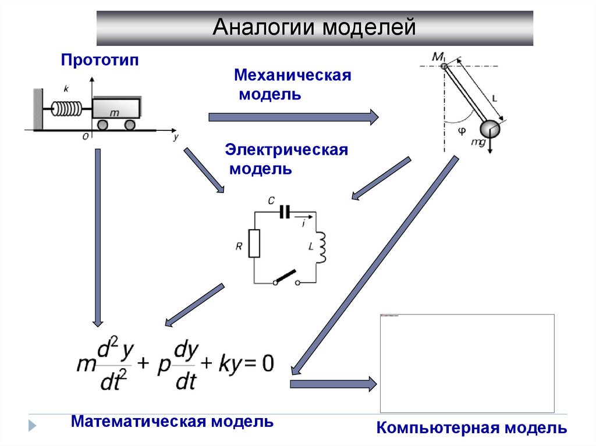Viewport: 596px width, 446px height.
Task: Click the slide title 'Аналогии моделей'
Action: pyautogui.click(x=314, y=27)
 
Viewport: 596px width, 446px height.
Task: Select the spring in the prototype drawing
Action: pyautogui.click(x=68, y=108)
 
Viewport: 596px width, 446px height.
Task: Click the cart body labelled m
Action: pyautogui.click(x=115, y=109)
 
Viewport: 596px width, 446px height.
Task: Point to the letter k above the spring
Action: pyautogui.click(x=66, y=89)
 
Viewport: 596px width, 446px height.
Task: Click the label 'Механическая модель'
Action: pyautogui.click(x=292, y=85)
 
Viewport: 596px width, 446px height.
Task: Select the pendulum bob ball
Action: pyautogui.click(x=490, y=129)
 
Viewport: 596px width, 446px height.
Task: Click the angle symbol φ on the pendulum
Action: pyautogui.click(x=462, y=131)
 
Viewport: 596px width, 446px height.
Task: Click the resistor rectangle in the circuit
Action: pyautogui.click(x=254, y=243)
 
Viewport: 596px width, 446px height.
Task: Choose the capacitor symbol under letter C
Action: pyautogui.click(x=284, y=212)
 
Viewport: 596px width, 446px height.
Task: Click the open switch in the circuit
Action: pyautogui.click(x=286, y=278)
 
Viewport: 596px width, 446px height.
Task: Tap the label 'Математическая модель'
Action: pyautogui.click(x=172, y=422)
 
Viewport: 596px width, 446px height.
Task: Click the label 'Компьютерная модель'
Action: pyautogui.click(x=471, y=429)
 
